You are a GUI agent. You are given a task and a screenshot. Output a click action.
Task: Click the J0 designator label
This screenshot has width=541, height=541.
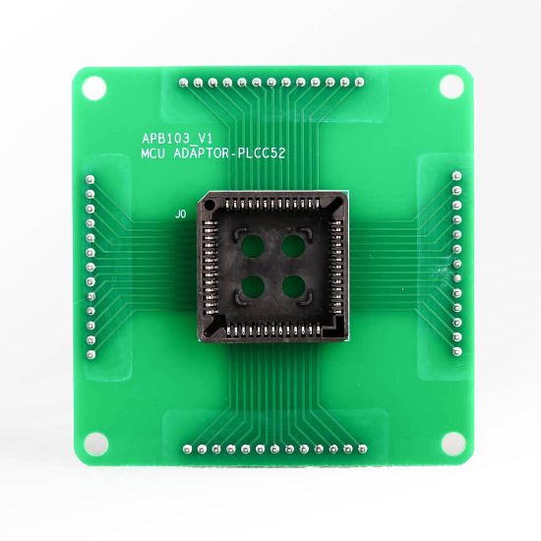(179, 213)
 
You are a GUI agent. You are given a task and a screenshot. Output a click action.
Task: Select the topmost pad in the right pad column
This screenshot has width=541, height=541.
(455, 175)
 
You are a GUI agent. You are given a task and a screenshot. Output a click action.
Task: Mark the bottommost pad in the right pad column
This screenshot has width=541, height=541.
(455, 346)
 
